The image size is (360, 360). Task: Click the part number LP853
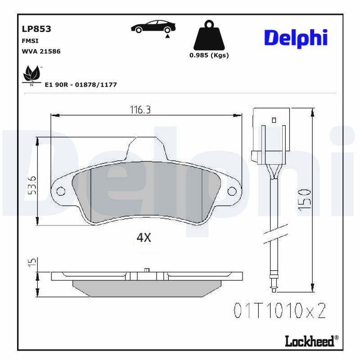pyautogui.click(x=36, y=29)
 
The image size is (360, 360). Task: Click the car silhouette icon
pyautogui.click(x=153, y=27)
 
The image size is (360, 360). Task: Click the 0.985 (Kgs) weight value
pyautogui.click(x=209, y=55)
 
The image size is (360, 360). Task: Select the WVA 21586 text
pyautogui.click(x=41, y=51)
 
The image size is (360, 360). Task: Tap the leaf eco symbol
pyautogui.click(x=31, y=73)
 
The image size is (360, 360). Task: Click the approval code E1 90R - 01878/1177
pyautogui.click(x=81, y=84)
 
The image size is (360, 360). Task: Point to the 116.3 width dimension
pyautogui.click(x=140, y=110)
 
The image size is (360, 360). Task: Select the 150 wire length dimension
pyautogui.click(x=305, y=200)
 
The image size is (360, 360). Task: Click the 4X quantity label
pyautogui.click(x=144, y=238)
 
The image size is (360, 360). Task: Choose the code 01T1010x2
pyautogui.click(x=279, y=310)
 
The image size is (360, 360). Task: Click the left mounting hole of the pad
pyautogui.click(x=61, y=192)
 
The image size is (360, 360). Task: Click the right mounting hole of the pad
pyautogui.click(x=232, y=192)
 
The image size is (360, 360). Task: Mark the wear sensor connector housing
pyautogui.click(x=269, y=137)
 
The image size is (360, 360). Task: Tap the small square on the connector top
pyautogui.click(x=274, y=120)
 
